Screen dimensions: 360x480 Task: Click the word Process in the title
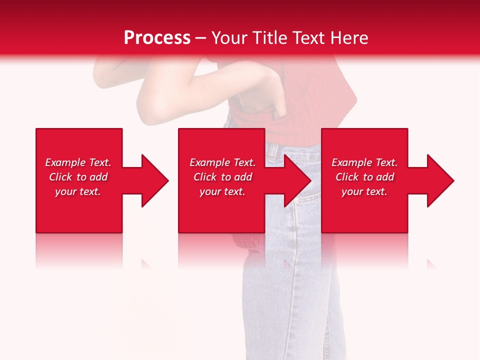[x=157, y=38]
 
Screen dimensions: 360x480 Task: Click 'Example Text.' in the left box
[x=78, y=162]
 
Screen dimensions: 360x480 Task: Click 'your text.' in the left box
[x=78, y=191]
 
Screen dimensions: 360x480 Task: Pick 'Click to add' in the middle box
[x=222, y=177]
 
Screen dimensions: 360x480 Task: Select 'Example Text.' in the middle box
[x=222, y=162]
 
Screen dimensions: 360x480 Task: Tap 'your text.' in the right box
[x=364, y=191]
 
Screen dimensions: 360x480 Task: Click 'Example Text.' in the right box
[x=364, y=162]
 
